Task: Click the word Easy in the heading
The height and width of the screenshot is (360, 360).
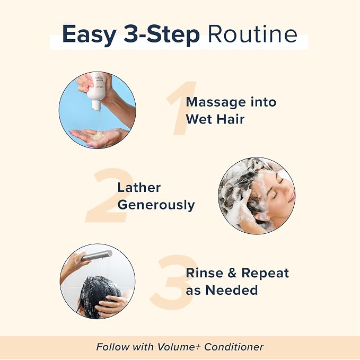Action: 89,35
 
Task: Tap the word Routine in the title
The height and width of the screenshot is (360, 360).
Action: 252,34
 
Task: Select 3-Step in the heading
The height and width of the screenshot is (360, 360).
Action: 162,35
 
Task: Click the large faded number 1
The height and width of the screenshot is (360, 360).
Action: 181,108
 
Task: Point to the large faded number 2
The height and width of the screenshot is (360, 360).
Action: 110,195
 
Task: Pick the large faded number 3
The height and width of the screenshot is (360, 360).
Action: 173,282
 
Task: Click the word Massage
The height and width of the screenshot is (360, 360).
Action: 216,102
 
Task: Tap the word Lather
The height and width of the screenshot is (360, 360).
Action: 139,187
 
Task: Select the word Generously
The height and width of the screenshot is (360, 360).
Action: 156,205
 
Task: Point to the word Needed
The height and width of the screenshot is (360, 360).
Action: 232,290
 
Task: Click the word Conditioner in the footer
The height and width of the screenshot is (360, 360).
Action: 234,347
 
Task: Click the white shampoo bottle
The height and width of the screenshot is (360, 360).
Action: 98,91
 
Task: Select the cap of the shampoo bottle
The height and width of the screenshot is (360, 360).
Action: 96,105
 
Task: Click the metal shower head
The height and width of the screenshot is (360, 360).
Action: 97,255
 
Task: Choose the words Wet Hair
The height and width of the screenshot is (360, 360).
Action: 215,119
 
